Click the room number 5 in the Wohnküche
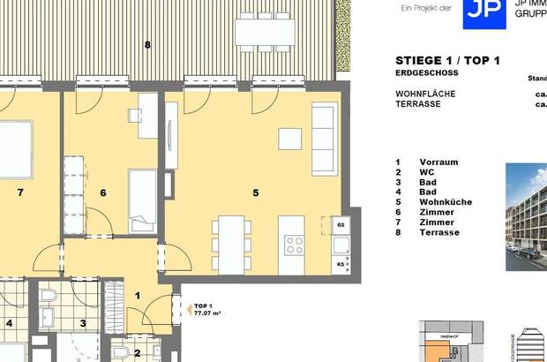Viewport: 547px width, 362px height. [x=257, y=192]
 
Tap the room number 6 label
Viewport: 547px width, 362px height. [x=102, y=192]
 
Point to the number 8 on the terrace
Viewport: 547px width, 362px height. [x=147, y=44]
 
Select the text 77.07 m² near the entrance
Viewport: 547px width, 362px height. [x=207, y=313]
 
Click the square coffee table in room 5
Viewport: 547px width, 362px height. [x=289, y=140]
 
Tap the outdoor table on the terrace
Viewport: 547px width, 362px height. [x=264, y=32]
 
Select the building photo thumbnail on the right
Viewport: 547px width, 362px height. [x=527, y=216]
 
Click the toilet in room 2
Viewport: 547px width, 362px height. [x=119, y=353]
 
